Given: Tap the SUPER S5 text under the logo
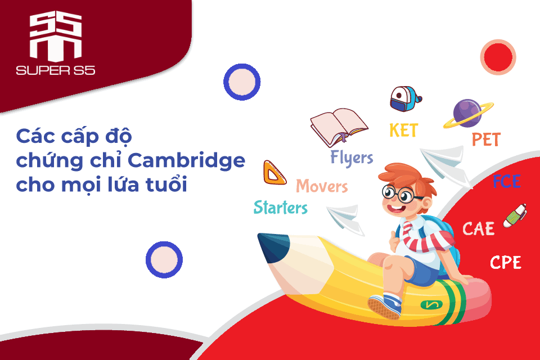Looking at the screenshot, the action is pos(56,71).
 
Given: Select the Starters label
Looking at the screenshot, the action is pos(281,208).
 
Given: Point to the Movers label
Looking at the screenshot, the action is pos(322,186).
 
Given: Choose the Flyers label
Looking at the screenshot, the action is pos(352,158).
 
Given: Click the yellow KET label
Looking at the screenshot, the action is pos(404,130).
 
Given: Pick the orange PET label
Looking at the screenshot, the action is pos(486,139).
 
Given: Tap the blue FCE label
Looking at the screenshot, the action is pos(506,181).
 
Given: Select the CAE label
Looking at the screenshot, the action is pos(478,229).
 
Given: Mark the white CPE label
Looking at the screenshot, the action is pos(506,263).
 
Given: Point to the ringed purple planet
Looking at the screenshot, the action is pos(467,114).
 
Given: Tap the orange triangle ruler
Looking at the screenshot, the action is pos(274,173).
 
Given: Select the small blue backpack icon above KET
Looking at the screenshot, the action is pos(406,99).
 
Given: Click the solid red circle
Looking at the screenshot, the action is pos(498,57).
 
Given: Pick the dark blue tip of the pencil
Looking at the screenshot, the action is pos(272,246).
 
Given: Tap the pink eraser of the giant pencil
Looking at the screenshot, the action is pos(477,299).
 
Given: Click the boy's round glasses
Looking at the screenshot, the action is pos(399,194).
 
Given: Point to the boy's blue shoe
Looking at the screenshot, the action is pos(385,305).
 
